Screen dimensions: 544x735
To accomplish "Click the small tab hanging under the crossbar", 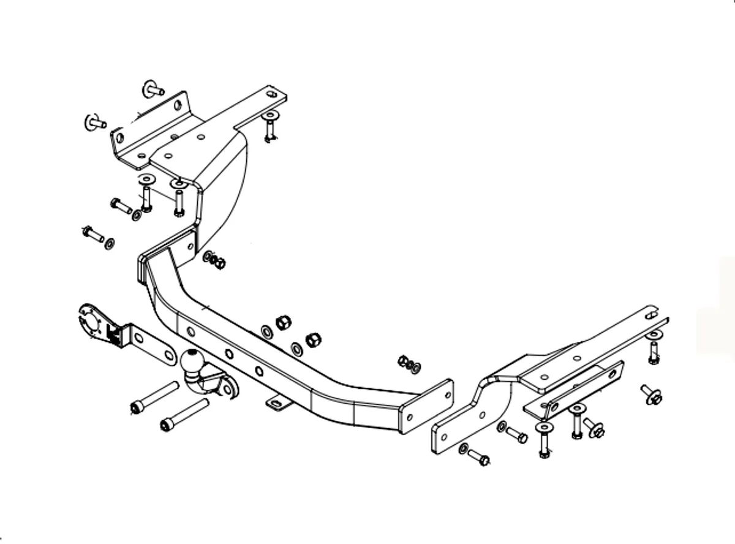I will [x=278, y=403].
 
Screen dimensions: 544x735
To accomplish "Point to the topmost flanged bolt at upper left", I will [x=153, y=89].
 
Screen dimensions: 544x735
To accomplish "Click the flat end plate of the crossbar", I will [x=427, y=406].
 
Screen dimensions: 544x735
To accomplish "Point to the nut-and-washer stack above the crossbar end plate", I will [x=409, y=363].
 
